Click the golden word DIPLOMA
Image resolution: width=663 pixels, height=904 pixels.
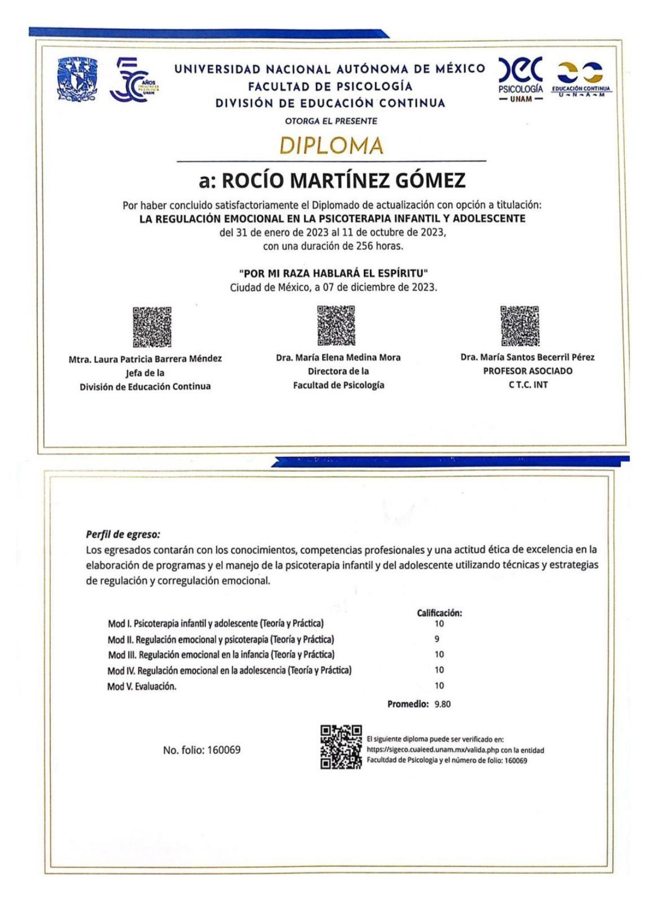332,146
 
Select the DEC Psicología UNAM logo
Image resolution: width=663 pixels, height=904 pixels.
521,78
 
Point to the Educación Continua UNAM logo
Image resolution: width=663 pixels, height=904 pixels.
581,80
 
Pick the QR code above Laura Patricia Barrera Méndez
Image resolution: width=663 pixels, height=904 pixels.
152,327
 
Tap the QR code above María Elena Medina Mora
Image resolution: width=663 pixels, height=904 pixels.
336,325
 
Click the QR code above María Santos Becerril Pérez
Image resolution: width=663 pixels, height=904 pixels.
520,325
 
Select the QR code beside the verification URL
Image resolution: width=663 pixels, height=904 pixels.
341,747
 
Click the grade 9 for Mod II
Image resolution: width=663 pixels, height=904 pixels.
437,640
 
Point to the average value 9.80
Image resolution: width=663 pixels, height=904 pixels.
442,704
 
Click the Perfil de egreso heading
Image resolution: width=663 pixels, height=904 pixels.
123,534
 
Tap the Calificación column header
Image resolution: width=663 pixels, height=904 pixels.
439,613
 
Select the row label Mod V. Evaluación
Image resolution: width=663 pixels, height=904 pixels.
142,686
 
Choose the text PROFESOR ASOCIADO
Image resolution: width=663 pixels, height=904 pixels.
527,371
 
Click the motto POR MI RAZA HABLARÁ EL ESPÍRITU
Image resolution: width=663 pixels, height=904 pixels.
333,274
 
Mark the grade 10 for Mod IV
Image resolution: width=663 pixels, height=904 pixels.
439,670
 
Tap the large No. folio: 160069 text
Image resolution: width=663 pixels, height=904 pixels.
202,750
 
